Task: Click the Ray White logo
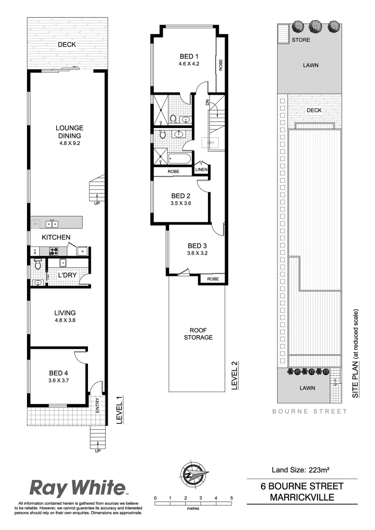pyautogui.click(x=78, y=488)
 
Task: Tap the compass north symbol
pyautogui.click(x=193, y=476)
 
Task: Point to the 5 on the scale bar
pyautogui.click(x=231, y=498)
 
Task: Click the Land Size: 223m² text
pyautogui.click(x=300, y=470)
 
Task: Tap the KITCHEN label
pyautogui.click(x=56, y=238)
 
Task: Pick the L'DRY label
pyautogui.click(x=67, y=275)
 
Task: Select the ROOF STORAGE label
pyautogui.click(x=198, y=334)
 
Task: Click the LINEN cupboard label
pyautogui.click(x=202, y=170)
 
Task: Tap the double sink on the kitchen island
pyautogui.click(x=52, y=224)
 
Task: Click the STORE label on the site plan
pyautogui.click(x=301, y=40)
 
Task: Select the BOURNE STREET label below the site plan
pyautogui.click(x=310, y=411)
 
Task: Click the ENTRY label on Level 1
pyautogui.click(x=97, y=403)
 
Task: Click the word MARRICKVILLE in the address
pyautogui.click(x=302, y=498)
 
